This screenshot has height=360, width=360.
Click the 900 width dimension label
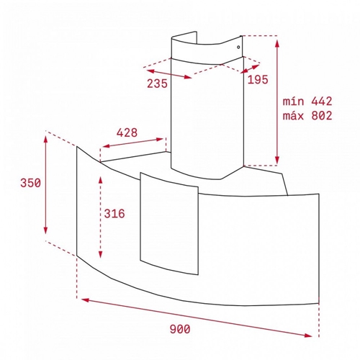click(180, 328)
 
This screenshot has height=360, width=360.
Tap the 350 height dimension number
click(30, 183)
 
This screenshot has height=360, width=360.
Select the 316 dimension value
click(114, 213)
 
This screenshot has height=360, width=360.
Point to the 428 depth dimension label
click(127, 132)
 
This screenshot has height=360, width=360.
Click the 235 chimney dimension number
click(157, 84)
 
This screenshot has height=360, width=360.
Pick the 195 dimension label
click(258, 80)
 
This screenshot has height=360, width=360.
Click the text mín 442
click(307, 102)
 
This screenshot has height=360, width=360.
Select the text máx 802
click(307, 116)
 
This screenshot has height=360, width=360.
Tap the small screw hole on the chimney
click(238, 47)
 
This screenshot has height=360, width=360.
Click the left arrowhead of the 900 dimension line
click(85, 300)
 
